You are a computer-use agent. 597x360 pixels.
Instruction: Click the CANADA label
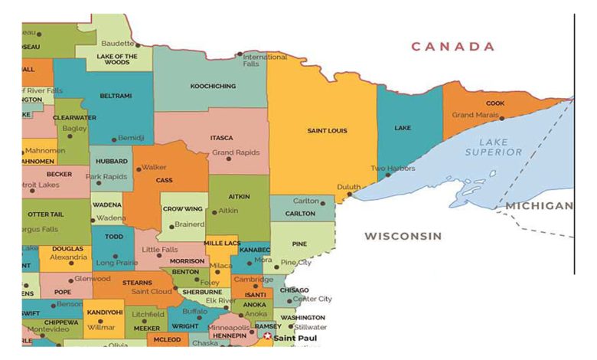453,47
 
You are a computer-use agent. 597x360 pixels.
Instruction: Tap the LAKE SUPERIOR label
494,147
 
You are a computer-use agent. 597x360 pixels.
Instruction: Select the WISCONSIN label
403,236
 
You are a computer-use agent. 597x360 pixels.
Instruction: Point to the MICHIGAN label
538,206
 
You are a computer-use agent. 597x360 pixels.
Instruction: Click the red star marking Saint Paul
267,336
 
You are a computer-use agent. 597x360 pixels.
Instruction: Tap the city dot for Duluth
350,195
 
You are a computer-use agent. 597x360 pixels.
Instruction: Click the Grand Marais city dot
501,118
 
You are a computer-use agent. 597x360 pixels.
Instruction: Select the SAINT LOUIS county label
327,131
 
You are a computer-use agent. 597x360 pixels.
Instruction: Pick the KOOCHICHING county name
213,87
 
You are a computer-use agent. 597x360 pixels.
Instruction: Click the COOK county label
495,103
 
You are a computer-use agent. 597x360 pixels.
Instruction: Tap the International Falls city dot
240,54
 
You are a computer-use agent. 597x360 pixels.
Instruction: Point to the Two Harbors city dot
388,175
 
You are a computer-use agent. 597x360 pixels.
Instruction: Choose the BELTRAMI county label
116,96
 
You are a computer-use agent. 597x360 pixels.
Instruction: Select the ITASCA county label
221,138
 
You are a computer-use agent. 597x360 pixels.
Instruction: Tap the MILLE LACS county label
222,243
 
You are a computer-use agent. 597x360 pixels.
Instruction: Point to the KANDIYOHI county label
105,313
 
